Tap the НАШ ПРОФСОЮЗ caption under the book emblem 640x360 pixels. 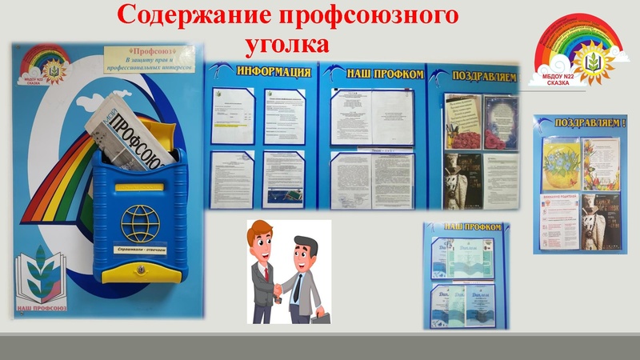[x=45, y=307]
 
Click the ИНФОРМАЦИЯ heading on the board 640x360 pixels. [x=270, y=73]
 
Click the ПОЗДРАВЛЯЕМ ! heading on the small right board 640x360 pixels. [x=582, y=125]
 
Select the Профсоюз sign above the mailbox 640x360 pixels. [x=149, y=63]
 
